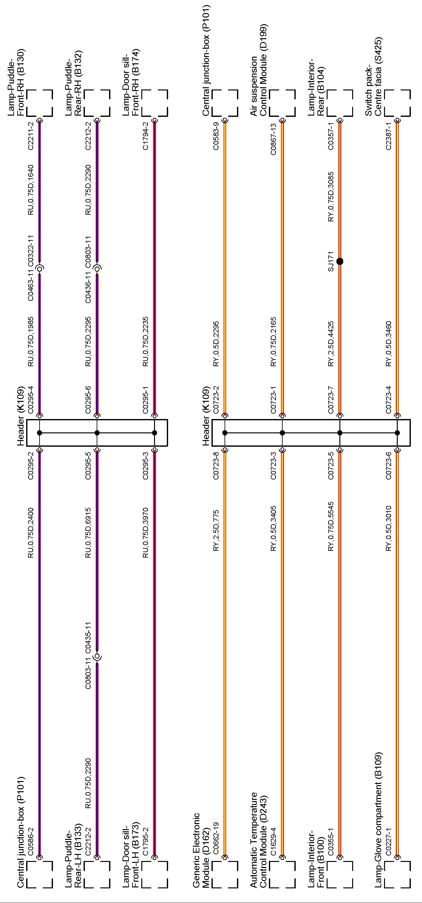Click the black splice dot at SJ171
[x=339, y=261]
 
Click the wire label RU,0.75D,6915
[x=88, y=533]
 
